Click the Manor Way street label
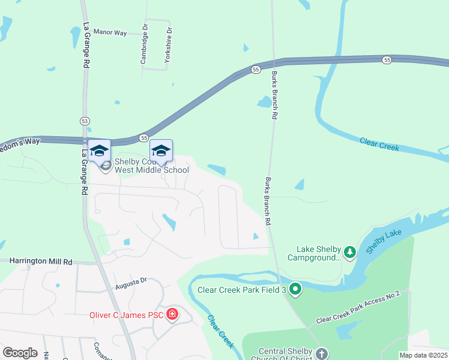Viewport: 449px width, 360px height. pos(110,32)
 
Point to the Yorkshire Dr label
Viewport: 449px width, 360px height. pos(169,46)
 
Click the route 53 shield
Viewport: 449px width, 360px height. pos(85,121)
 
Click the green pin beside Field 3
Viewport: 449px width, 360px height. pos(295,290)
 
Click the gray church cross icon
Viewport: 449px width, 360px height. pos(322,353)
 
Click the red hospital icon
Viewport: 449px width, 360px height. pos(172,314)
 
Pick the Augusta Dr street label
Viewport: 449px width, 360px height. pos(131,281)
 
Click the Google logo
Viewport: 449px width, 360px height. pos(20,353)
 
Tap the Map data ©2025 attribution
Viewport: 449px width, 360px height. pos(423,355)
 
